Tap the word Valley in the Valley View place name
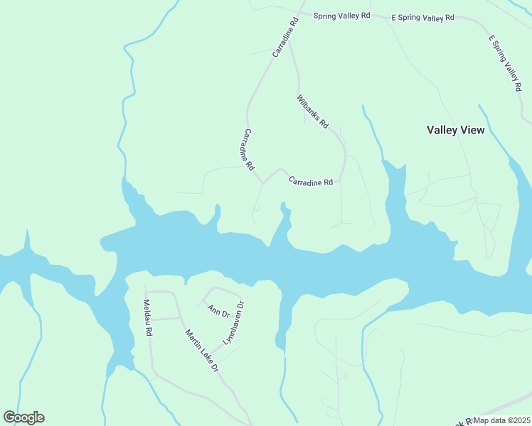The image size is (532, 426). point(442,130)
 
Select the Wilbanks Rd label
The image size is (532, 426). point(312,111)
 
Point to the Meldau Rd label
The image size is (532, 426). point(148,318)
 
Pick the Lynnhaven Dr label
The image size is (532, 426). point(233,323)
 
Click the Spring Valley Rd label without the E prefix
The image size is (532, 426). point(342,15)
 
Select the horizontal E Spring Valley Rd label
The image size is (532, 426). point(422,17)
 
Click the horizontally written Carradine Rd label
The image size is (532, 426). point(311,182)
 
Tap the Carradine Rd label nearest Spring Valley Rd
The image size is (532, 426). point(284,38)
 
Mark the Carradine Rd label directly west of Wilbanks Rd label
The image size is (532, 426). point(249,150)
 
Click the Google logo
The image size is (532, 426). point(23,417)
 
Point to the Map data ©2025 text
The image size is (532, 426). point(502,420)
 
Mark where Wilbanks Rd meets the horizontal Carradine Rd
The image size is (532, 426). point(341,181)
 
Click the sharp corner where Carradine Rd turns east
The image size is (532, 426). point(262,182)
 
